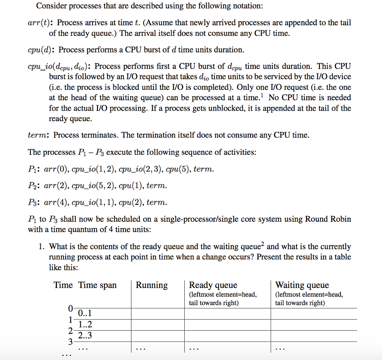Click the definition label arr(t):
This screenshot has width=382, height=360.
[41, 23]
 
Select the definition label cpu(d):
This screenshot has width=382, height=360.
[42, 50]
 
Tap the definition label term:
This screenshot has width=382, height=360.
[39, 135]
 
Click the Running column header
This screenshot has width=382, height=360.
[151, 285]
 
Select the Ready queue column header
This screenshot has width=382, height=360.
[213, 285]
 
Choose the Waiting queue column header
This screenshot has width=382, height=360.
[302, 285]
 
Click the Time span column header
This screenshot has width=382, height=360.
[97, 285]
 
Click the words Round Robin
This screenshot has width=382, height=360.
[328, 219]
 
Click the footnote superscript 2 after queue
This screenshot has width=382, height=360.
[263, 244]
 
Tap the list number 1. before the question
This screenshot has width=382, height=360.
[42, 247]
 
